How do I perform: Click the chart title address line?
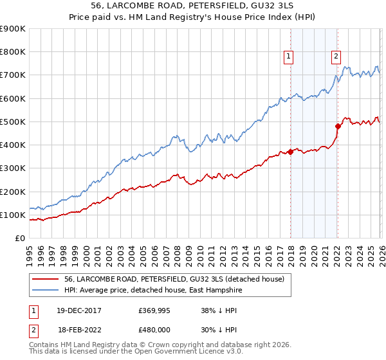click(x=193, y=6)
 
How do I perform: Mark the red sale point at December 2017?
click(x=290, y=152)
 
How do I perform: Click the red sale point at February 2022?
click(x=337, y=126)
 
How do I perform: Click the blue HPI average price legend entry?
click(x=161, y=290)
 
